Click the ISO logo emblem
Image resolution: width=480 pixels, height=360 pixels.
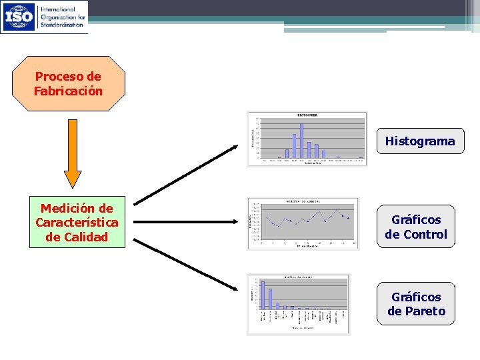tap(19, 17)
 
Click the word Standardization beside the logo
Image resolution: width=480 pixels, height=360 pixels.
tap(63, 24)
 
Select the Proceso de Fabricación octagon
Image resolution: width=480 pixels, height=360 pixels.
tap(69, 84)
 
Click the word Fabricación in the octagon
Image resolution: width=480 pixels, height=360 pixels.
tap(69, 91)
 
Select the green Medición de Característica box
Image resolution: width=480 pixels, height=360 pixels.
tap(77, 223)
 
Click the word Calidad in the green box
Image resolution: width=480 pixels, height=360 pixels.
tap(77, 237)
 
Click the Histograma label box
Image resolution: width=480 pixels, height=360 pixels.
tap(420, 141)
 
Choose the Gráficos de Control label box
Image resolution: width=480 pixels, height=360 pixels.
tap(416, 227)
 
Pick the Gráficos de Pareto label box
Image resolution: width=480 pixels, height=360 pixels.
tap(416, 304)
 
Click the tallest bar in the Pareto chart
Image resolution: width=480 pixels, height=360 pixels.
tap(263, 294)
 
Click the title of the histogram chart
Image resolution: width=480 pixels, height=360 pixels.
tap(307, 115)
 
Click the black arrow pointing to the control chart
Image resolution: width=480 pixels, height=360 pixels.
tap(189, 223)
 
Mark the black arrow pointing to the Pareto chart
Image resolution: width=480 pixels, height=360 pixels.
tap(187, 266)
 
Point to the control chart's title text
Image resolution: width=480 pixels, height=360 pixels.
tap(303, 201)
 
